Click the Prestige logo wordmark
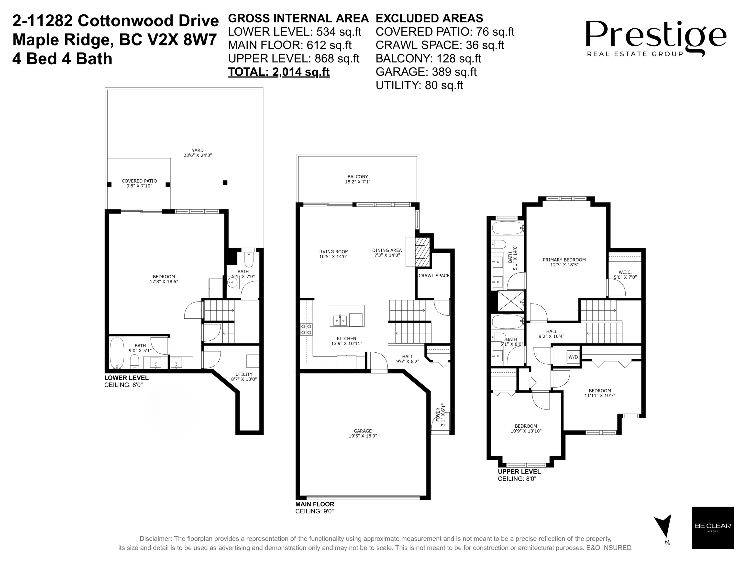coord(655,36)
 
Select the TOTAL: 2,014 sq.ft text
coord(278,72)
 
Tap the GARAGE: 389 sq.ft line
coord(426,72)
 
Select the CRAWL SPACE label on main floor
coord(433,276)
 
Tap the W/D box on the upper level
coord(573,357)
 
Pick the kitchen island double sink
coord(340,320)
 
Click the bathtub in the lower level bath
coord(117,353)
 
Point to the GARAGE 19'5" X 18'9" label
coord(363,433)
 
